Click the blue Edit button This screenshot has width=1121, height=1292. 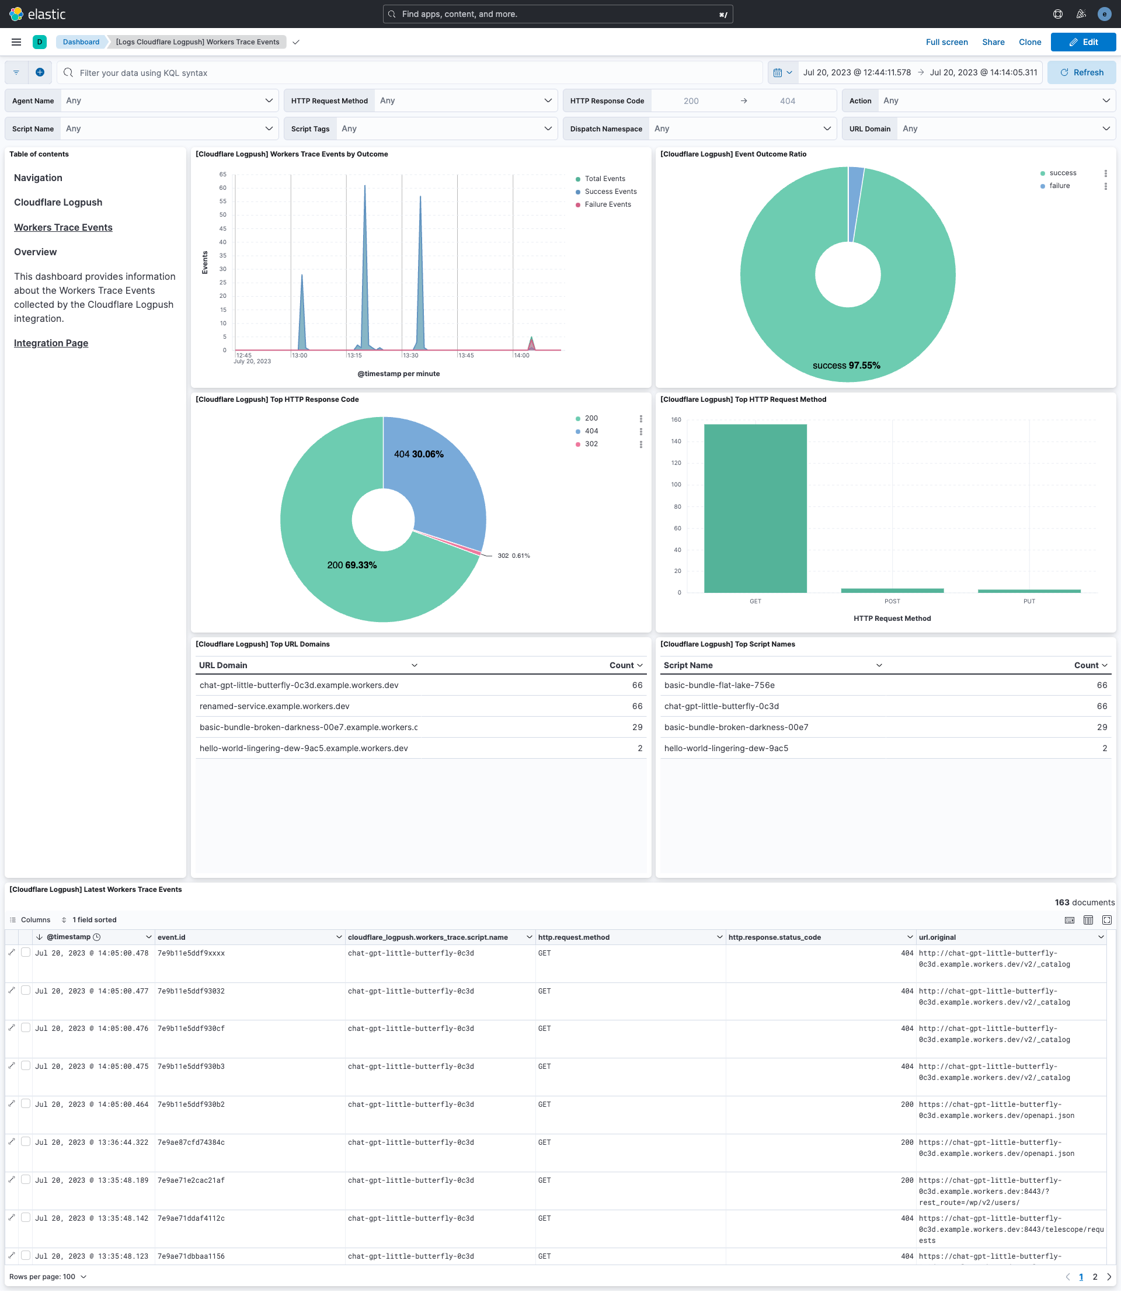pyautogui.click(x=1083, y=42)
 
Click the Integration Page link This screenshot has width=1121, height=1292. pyautogui.click(x=51, y=343)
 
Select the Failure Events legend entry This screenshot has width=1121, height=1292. pyautogui.click(x=607, y=204)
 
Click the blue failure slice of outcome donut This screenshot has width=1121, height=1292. pyautogui.click(x=855, y=203)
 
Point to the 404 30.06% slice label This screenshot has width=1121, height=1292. pyautogui.click(x=419, y=454)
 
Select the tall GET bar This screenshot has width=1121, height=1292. pyautogui.click(x=755, y=508)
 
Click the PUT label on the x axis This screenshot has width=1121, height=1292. pyautogui.click(x=1028, y=601)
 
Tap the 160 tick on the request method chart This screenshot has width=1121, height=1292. pyautogui.click(x=676, y=420)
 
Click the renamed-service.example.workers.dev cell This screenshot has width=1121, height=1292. pyautogui.click(x=274, y=706)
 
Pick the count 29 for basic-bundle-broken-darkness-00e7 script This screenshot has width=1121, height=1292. pyautogui.click(x=1101, y=727)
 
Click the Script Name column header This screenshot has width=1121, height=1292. pyautogui.click(x=688, y=665)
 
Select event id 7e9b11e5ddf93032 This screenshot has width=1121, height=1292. pyautogui.click(x=191, y=991)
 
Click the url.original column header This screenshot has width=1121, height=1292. pyautogui.click(x=937, y=937)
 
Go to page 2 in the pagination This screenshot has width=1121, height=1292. pyautogui.click(x=1095, y=1277)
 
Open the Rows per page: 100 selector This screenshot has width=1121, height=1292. pyautogui.click(x=48, y=1277)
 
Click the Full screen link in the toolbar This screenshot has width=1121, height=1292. pyautogui.click(x=946, y=42)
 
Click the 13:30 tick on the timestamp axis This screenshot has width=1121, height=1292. pyautogui.click(x=410, y=355)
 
